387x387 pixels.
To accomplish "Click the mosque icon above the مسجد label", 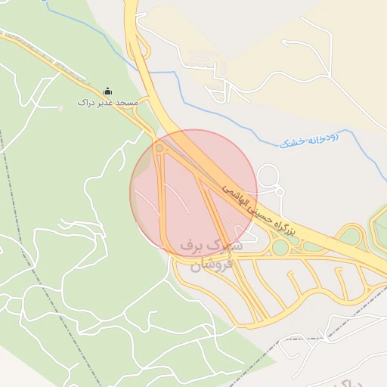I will [x=107, y=91].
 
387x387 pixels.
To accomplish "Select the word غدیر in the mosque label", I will [x=101, y=102].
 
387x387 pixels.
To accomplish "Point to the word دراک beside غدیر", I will [x=84, y=102].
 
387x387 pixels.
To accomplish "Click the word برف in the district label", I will [x=193, y=246].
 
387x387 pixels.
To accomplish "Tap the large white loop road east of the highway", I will [x=268, y=178].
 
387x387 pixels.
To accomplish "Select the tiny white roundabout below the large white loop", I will [x=279, y=192].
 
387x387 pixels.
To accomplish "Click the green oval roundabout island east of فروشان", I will [x=281, y=247].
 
